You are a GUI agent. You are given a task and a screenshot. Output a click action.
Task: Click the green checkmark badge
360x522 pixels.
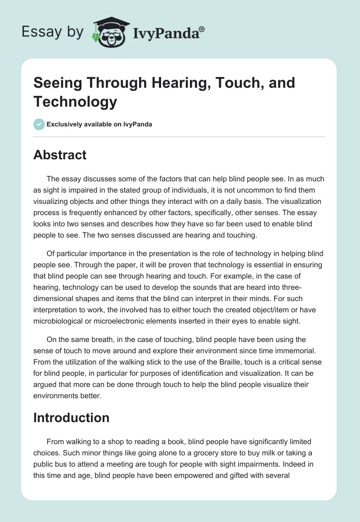[39, 124]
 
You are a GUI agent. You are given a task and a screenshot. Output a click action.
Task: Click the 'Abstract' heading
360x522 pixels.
[60, 155]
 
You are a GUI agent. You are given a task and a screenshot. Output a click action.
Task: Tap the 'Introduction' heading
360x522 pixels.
[71, 418]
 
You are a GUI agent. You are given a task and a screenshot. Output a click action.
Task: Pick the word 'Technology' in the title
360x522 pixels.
[75, 101]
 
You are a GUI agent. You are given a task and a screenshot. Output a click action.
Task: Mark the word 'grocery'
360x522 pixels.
[177, 453]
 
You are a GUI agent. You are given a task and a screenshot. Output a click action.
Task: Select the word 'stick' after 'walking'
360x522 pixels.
[171, 361]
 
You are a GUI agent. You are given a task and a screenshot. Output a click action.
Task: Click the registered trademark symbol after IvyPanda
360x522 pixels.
[202, 29]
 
